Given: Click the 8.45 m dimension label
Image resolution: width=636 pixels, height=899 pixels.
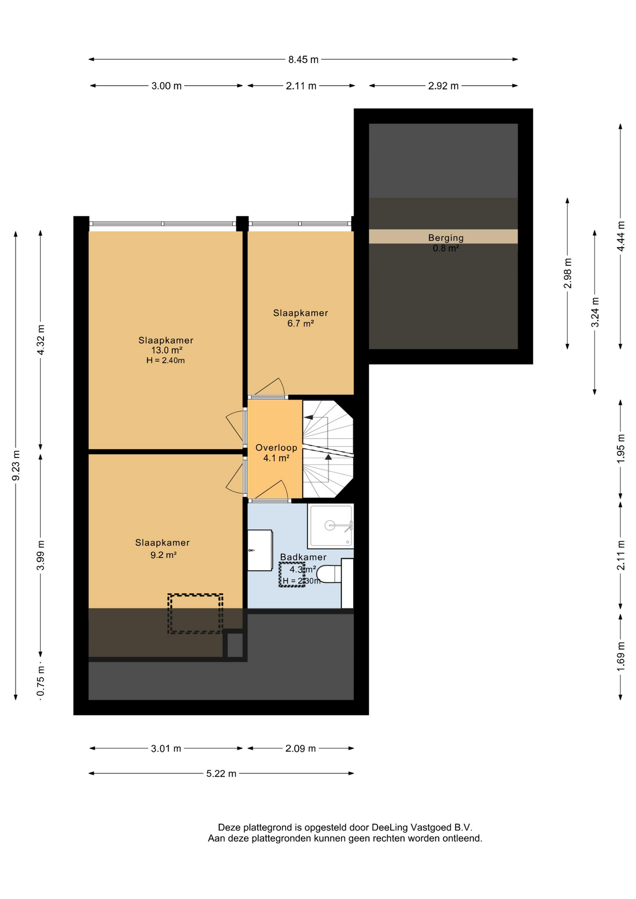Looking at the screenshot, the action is pos(303,59).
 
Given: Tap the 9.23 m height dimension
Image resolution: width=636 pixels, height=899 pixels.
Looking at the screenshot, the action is pos(16,465).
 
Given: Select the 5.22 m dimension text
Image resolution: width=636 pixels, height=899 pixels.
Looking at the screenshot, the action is pos(222,774).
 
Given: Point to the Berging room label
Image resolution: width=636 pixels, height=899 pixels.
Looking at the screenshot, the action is pos(446,238).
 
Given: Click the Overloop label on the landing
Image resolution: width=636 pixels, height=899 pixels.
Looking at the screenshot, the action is pos(276,448).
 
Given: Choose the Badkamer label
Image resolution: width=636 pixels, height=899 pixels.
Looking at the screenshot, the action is pos(303,557).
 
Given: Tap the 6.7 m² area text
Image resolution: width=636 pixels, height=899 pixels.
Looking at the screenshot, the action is pos(301,323).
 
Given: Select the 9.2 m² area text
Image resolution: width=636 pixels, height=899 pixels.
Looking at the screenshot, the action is pos(163,555).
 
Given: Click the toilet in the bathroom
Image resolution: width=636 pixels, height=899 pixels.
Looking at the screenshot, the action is pos(329,574).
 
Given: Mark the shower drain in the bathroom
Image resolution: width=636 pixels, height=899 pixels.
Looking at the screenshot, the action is pos(330,525).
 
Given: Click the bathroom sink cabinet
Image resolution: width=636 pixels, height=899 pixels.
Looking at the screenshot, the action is pos(260,550).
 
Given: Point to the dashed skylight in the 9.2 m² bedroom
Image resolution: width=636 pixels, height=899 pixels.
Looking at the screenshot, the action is pos(195,614).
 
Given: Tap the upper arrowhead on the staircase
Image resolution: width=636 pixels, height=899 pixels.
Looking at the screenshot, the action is pos(309,417).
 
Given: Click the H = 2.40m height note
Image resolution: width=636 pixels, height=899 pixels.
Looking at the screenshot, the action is pos(165,361).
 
